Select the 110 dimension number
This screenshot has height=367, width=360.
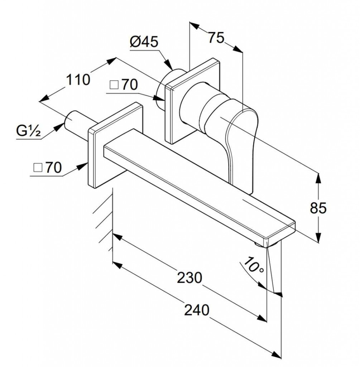point(78,80)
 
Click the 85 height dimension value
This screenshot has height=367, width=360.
point(318,208)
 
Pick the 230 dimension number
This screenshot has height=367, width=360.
point(189,278)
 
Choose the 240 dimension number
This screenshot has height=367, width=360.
point(197,310)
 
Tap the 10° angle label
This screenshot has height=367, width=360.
point(253,265)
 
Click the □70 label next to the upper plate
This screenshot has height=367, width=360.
point(124,85)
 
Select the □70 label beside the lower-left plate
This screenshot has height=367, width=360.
point(48,167)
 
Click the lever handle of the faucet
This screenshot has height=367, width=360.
point(242,145)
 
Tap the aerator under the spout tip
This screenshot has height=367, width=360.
point(267,244)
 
